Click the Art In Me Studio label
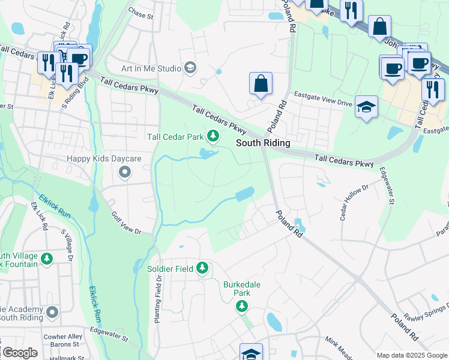pos(151,68)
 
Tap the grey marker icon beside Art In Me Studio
pos(191,68)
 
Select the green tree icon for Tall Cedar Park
pos(212,137)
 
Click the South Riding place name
pos(263,143)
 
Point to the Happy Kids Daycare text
pos(104,158)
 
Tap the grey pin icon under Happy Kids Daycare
pos(125,173)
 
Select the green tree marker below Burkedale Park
pos(242,307)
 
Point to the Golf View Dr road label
pos(126,223)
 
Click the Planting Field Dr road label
pos(158,299)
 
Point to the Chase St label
pos(142,11)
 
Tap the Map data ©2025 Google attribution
pos(412,355)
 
